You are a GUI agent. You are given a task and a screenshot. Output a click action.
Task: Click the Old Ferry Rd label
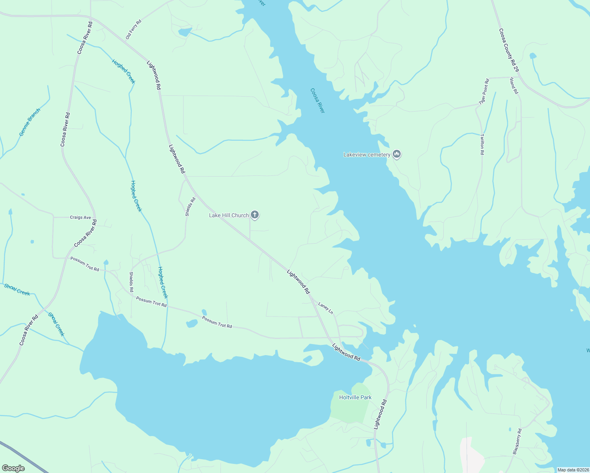pos(133,29)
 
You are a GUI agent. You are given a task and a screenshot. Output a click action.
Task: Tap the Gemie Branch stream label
pos(30,122)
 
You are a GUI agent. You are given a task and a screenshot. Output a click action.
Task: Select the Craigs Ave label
pos(80,218)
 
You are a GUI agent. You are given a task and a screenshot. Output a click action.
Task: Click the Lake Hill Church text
pos(229,215)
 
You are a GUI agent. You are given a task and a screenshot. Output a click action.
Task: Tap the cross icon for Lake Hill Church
pos(255,215)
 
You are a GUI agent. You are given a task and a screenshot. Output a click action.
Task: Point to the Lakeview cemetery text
pos(367,155)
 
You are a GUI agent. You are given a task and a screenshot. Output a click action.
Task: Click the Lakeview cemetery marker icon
pos(397,154)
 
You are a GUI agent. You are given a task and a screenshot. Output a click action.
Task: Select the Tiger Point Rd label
pos(484,91)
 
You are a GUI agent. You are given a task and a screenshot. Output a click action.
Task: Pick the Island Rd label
pos(513,86)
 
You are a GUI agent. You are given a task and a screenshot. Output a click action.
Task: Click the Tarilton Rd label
pos(482,144)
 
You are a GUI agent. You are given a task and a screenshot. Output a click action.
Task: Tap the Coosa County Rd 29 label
pos(508,50)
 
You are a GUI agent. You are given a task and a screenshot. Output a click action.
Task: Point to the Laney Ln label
pos(326,308)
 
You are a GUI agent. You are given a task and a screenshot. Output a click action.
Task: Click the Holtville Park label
pos(355,397)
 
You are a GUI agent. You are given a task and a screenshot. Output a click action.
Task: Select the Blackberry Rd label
pos(517,441)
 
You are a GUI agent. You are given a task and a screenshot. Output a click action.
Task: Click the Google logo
pos(13,468)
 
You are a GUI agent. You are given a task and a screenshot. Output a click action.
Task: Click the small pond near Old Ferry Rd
pos(185,32)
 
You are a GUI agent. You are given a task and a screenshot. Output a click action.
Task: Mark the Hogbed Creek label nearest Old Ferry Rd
pos(123,71)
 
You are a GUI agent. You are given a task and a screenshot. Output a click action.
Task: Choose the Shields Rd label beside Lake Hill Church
pos(190,207)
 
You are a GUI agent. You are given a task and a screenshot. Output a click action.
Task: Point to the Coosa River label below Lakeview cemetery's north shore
pos(317,101)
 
